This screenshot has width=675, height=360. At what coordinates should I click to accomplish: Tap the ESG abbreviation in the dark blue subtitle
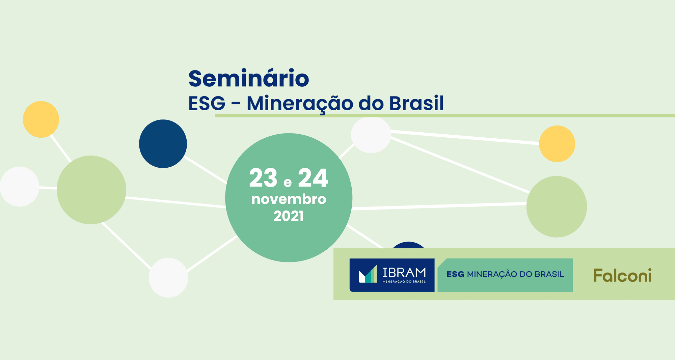(x=207, y=103)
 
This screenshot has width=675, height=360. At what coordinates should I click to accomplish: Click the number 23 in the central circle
(x=263, y=178)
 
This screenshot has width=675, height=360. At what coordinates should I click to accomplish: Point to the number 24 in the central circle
(x=313, y=178)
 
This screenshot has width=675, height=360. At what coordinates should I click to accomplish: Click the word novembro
(x=289, y=199)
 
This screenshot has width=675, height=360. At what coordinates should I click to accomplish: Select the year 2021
(x=289, y=216)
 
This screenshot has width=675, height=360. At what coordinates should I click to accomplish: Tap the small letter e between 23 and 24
(x=288, y=183)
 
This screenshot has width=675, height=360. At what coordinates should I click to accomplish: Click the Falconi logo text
(x=622, y=276)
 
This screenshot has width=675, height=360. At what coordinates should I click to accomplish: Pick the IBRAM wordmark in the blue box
(x=404, y=272)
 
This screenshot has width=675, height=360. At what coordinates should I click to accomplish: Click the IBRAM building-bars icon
(x=368, y=274)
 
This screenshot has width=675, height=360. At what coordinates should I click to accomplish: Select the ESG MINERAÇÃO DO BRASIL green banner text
(x=505, y=274)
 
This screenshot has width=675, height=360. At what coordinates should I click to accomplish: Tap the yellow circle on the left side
(x=41, y=119)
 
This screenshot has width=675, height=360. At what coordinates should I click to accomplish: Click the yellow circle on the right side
(x=557, y=144)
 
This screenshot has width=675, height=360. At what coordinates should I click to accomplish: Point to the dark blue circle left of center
(x=163, y=144)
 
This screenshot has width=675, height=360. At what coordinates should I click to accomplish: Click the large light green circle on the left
(x=91, y=190)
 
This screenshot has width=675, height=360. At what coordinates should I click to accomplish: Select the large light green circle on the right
(x=557, y=206)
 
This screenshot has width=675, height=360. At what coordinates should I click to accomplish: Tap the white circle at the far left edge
(x=19, y=187)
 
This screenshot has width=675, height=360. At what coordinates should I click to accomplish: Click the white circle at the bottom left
(x=168, y=278)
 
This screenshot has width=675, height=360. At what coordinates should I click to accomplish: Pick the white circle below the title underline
(x=371, y=135)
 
